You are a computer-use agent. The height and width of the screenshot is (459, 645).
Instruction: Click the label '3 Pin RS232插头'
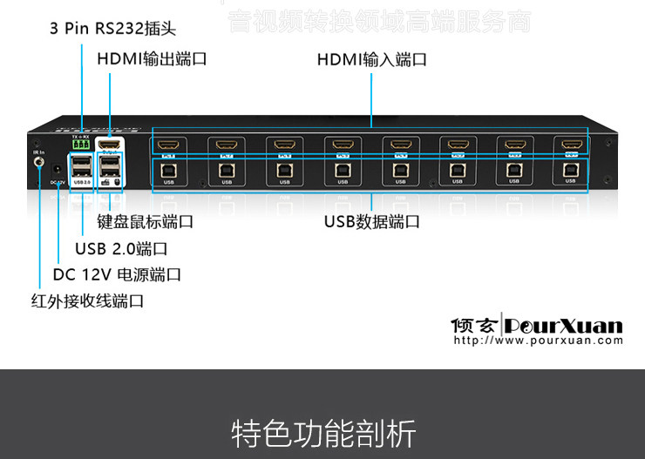point(112,29)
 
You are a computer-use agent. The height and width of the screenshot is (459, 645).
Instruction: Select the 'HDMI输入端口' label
point(371,60)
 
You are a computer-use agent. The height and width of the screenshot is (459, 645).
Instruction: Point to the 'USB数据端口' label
point(372,221)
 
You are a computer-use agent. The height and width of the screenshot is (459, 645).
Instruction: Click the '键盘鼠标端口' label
point(146,221)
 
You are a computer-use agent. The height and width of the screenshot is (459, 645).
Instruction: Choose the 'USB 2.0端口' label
point(121,248)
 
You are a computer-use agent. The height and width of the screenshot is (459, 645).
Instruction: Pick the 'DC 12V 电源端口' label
point(117,274)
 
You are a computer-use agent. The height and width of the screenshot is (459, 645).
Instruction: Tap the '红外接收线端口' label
point(87,301)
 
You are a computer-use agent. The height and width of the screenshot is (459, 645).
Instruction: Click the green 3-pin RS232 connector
point(81,145)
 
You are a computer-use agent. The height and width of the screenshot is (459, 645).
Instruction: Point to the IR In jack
point(38,162)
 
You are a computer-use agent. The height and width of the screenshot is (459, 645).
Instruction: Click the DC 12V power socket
point(58,171)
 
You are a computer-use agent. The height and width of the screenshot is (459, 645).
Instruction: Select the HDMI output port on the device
point(110,145)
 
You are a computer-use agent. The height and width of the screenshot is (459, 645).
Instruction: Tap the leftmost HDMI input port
point(169,145)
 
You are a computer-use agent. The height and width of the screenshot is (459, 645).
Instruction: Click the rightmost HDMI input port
point(570,144)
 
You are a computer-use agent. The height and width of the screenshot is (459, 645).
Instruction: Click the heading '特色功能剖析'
point(323,433)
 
